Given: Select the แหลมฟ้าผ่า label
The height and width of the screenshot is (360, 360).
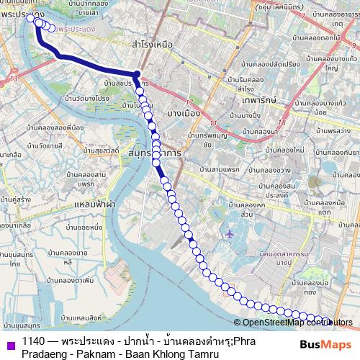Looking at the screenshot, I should (x=94, y=204).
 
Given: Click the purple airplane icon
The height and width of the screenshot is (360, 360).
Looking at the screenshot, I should (x=229, y=234).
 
